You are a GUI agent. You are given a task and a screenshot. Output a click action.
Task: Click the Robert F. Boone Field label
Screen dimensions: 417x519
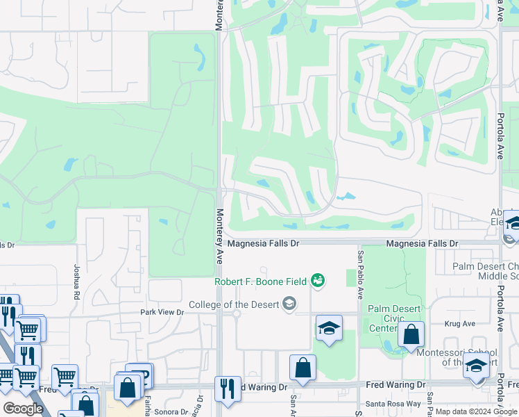click(x=261, y=281)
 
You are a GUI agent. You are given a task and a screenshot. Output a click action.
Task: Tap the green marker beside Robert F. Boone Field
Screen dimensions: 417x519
click(x=318, y=280)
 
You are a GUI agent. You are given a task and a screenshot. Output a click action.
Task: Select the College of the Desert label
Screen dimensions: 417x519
click(x=234, y=304)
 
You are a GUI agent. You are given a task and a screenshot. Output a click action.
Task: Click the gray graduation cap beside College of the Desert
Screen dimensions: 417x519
click(x=289, y=303)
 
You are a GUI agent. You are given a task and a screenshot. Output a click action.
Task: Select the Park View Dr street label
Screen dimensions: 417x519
click(x=162, y=313)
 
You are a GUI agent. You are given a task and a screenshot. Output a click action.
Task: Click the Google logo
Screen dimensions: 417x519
click(x=23, y=409)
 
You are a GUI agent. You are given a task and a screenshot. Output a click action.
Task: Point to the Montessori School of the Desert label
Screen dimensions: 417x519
click(x=466, y=357)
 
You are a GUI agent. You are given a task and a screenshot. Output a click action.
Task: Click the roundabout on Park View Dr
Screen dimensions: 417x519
click(x=237, y=313)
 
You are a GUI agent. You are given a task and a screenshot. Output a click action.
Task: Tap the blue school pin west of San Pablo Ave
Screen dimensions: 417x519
click(x=329, y=327)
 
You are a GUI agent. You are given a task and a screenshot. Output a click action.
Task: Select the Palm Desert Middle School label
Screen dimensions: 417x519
click(x=485, y=271)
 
